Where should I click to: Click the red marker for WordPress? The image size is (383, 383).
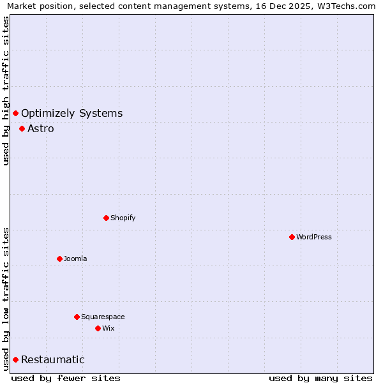[292, 237]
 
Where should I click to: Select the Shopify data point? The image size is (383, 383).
[106, 218]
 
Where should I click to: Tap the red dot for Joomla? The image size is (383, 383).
[59, 259]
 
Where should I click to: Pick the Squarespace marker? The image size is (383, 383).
[77, 317]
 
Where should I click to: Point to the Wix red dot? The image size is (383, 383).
[98, 328]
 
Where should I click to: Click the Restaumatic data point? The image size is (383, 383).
[15, 359]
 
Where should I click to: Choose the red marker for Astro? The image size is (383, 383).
[22, 128]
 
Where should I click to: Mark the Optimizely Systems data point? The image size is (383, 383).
[15, 113]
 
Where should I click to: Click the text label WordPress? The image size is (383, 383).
[313, 237]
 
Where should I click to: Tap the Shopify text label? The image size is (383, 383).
[123, 218]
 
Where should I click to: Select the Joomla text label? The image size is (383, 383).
[75, 259]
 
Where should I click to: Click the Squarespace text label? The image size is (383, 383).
[103, 317]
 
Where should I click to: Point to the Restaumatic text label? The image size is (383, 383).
[52, 359]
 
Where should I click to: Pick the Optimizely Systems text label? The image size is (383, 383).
[71, 113]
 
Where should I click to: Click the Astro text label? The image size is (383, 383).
[41, 128]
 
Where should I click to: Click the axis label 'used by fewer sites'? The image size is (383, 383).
[66, 378]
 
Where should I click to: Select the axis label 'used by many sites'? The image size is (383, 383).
[320, 378]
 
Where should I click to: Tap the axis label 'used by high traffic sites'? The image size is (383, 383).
[6, 91]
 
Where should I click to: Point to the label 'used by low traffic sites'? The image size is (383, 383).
[6, 298]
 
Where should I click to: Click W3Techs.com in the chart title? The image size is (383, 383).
[349, 6]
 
